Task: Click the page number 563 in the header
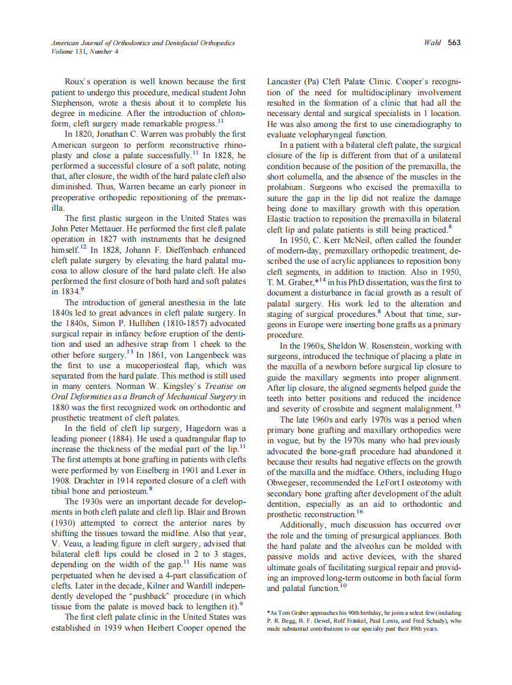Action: [x=454, y=43]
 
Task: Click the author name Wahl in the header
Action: [x=432, y=43]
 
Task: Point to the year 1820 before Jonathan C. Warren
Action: [x=88, y=134]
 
